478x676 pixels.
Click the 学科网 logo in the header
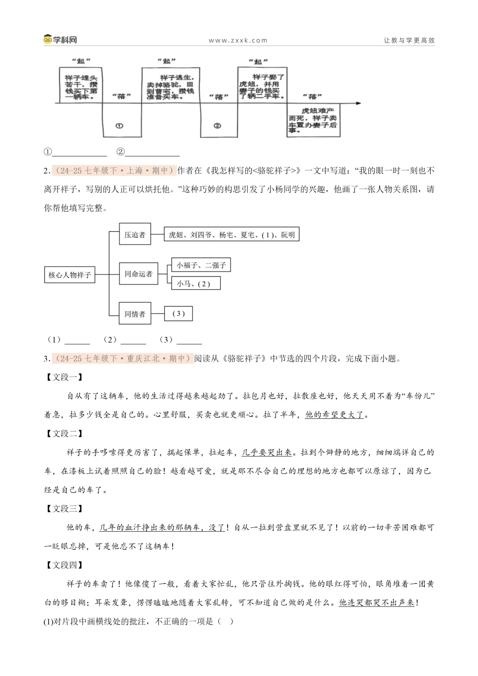click(x=60, y=40)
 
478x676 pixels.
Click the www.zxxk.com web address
click(x=238, y=40)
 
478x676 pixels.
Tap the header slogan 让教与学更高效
click(x=409, y=40)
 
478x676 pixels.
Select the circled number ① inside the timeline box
click(x=119, y=126)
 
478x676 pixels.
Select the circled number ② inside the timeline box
click(x=217, y=126)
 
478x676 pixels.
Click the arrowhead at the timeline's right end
click(x=358, y=103)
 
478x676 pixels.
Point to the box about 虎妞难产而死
click(x=313, y=120)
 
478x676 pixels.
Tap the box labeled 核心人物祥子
click(x=70, y=275)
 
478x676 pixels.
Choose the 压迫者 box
click(x=135, y=235)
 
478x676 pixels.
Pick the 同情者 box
click(x=135, y=314)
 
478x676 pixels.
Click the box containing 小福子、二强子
click(x=201, y=265)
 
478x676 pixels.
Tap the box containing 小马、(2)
click(x=196, y=284)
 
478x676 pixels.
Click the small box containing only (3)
click(x=178, y=314)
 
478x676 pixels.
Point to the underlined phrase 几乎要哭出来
click(x=267, y=452)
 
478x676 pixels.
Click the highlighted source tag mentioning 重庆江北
click(x=123, y=359)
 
